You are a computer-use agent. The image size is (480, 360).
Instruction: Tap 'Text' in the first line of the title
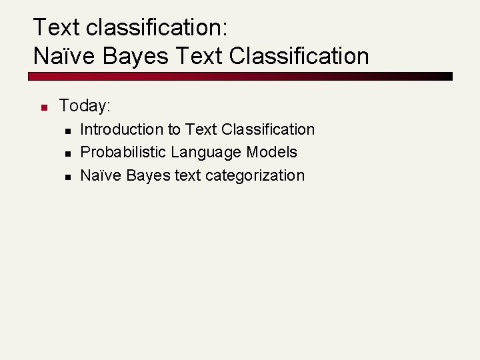coord(57,27)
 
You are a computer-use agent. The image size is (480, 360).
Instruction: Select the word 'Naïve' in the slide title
coord(65,56)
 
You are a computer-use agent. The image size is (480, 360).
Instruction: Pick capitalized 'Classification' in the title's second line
coord(299,56)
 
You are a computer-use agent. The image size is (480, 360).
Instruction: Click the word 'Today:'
coord(85,105)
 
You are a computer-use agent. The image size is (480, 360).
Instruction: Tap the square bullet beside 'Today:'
coord(42,107)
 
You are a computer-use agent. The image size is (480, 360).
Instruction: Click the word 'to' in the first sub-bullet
coord(174,129)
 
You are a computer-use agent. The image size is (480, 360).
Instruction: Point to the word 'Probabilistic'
coord(123,152)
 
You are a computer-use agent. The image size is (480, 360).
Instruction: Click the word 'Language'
coord(206,152)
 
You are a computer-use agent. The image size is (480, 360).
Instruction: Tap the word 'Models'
coord(272,152)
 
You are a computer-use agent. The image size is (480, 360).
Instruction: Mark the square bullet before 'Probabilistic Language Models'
coord(69,153)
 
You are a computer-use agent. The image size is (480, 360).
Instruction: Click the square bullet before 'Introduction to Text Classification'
coord(69,131)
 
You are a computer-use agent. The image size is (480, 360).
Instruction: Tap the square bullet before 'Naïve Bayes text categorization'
coord(69,177)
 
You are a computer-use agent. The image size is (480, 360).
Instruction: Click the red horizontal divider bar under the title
coord(240,76)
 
